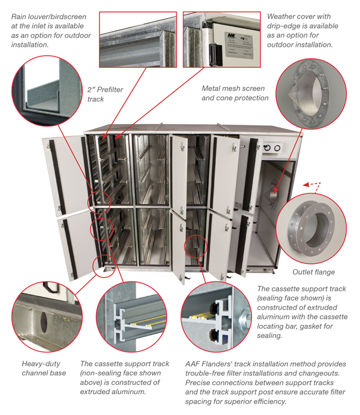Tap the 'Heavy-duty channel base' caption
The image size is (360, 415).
(x=44, y=368)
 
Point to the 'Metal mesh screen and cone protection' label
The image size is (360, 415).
(x=235, y=93)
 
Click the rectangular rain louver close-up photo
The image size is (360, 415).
(x=137, y=38)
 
